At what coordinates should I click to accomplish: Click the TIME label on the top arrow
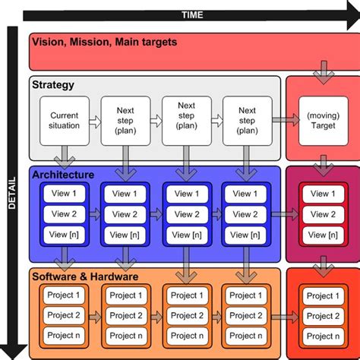(x=191, y=14)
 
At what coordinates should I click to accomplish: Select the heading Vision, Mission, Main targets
(x=104, y=42)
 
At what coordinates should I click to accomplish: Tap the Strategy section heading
(x=53, y=85)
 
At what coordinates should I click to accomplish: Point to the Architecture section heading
(x=63, y=175)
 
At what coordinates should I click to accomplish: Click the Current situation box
(x=64, y=120)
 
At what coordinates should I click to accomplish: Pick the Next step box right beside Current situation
(x=125, y=120)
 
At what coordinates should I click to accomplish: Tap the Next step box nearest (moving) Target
(x=245, y=120)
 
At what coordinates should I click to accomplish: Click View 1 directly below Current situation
(x=64, y=194)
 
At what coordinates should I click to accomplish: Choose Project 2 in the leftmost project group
(x=64, y=315)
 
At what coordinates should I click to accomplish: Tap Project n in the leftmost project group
(x=64, y=335)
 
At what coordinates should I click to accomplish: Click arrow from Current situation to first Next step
(x=94, y=120)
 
